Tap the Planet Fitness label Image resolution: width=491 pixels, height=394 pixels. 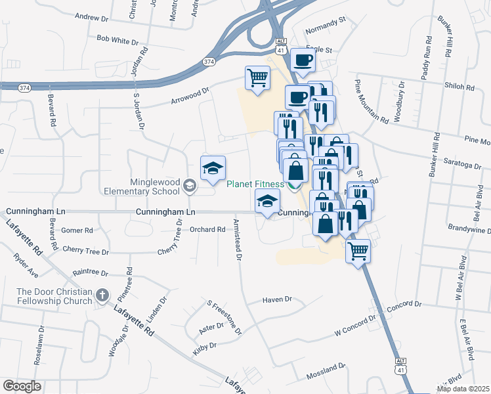click(255, 185)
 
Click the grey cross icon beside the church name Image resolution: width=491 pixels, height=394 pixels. click(102, 295)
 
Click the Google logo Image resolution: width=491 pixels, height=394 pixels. click(22, 386)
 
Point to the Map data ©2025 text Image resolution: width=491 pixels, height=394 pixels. click(463, 389)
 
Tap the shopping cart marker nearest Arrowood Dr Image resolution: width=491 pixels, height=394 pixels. click(257, 79)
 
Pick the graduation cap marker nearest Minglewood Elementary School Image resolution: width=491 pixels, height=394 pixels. click(213, 169)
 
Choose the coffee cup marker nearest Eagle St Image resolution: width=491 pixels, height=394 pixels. click(303, 60)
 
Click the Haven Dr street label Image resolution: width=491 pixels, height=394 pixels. click(276, 299)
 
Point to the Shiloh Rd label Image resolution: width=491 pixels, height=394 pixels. click(459, 87)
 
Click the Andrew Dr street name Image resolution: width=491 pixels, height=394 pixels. click(91, 16)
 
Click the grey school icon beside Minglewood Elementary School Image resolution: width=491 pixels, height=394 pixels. click(190, 186)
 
